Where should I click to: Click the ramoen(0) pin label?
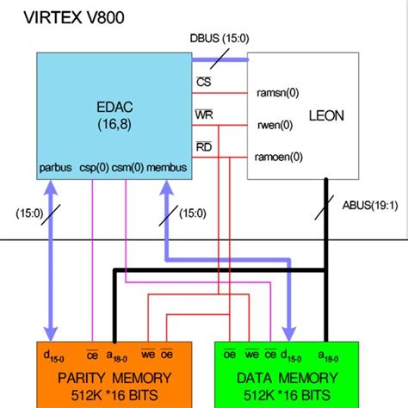[279, 157]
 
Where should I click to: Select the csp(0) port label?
[95, 169]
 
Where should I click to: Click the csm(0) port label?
[128, 169]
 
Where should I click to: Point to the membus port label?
[167, 169]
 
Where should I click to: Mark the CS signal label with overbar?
[202, 81]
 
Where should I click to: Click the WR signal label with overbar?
[203, 114]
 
